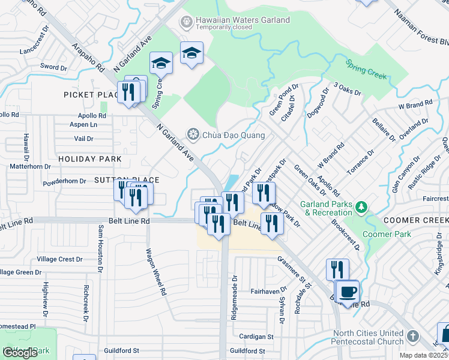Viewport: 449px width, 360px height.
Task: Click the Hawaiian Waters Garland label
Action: [243, 20]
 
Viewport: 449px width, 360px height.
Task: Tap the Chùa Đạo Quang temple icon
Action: [193, 133]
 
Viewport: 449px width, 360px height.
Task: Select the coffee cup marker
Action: [346, 293]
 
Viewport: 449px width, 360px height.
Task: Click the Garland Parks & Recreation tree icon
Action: [361, 208]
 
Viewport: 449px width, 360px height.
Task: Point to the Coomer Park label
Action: [388, 234]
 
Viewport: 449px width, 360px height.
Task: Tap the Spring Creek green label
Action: [366, 69]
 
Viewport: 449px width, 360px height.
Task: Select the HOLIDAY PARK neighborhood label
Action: [89, 159]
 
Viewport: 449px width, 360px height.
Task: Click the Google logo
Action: [20, 352]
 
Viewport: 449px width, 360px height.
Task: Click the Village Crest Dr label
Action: [59, 259]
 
